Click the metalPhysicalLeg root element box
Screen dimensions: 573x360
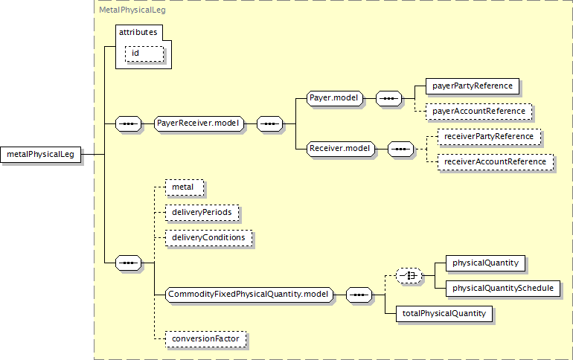pyautogui.click(x=41, y=155)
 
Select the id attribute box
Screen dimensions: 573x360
pyautogui.click(x=144, y=54)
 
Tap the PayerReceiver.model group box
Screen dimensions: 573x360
pyautogui.click(x=199, y=123)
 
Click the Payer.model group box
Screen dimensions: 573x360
pyautogui.click(x=335, y=98)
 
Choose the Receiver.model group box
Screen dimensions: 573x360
pyautogui.click(x=341, y=149)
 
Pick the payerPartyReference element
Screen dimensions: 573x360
pyautogui.click(x=472, y=86)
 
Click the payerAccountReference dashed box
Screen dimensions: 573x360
pyautogui.click(x=478, y=112)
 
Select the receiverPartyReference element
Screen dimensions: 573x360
pyautogui.click(x=489, y=137)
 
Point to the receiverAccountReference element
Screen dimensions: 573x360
pyautogui.click(x=495, y=162)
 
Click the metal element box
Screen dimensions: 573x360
pyautogui.click(x=185, y=187)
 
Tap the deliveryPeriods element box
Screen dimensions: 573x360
pyautogui.click(x=202, y=213)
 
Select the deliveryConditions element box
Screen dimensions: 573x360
pyautogui.click(x=208, y=238)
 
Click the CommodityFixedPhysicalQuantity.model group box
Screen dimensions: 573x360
pyautogui.click(x=249, y=295)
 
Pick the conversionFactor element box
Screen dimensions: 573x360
pyautogui.click(x=205, y=339)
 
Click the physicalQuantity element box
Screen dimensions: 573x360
pyautogui.click(x=485, y=263)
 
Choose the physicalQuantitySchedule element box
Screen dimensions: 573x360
pyautogui.click(x=503, y=289)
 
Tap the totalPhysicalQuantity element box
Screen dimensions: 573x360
pyautogui.click(x=444, y=314)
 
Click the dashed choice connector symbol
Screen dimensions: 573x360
pyautogui.click(x=409, y=276)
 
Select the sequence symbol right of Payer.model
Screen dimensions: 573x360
pyautogui.click(x=388, y=99)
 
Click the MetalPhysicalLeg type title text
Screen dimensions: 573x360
pyautogui.click(x=132, y=10)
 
